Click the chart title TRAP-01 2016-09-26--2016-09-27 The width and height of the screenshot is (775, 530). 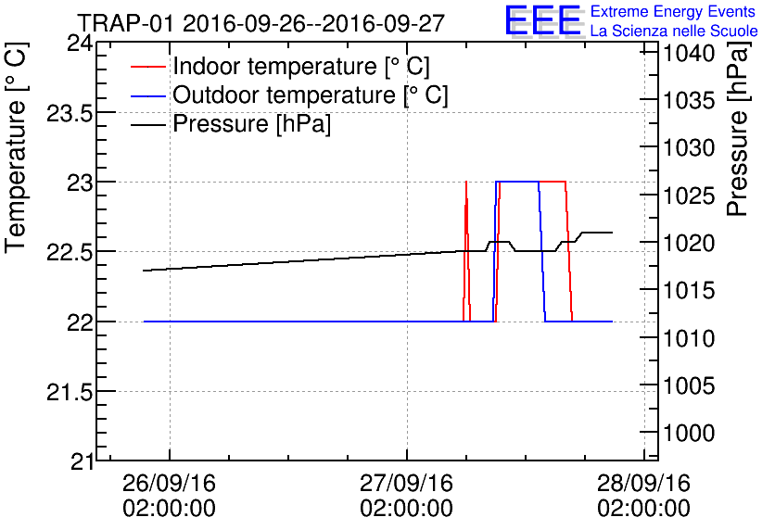[x=261, y=22]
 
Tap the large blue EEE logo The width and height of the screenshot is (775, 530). [x=543, y=20]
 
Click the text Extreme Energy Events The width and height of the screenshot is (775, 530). [x=673, y=12]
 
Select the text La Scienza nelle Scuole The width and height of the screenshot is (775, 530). [x=673, y=32]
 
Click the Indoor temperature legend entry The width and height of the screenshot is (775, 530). [x=301, y=67]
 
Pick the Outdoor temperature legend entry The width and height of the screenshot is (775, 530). [x=311, y=95]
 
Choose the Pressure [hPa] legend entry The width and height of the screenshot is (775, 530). [x=252, y=124]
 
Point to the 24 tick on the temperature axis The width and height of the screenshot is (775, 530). [x=79, y=43]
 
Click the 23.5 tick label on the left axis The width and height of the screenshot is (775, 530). [x=68, y=112]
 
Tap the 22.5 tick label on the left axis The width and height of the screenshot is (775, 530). [x=68, y=252]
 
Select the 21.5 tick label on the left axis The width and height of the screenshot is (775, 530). [x=68, y=392]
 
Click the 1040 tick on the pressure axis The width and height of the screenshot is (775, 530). [x=689, y=53]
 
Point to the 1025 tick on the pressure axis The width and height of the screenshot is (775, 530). [x=689, y=196]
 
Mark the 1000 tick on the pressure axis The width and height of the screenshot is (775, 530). [x=689, y=433]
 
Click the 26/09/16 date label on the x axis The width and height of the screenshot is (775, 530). [x=170, y=484]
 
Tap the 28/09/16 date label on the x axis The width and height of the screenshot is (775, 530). [x=644, y=484]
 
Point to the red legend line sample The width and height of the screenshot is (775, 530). [x=148, y=68]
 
